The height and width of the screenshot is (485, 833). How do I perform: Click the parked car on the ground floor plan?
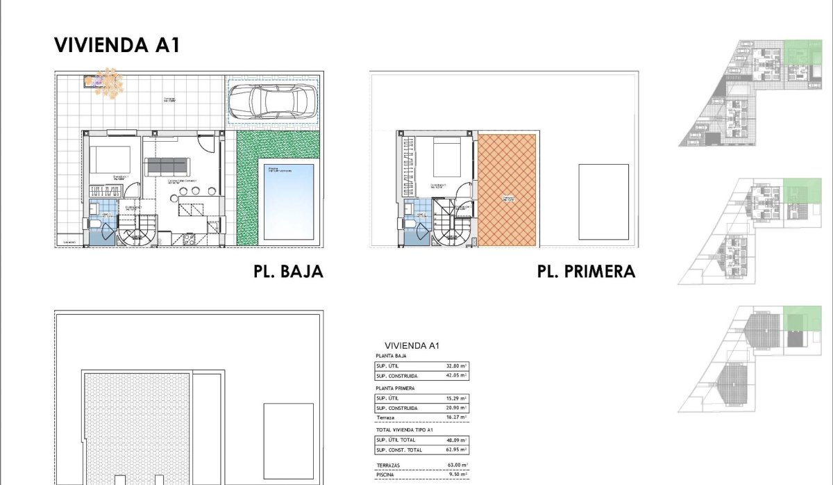click(x=272, y=102)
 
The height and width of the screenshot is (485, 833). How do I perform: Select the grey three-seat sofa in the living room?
click(x=167, y=165)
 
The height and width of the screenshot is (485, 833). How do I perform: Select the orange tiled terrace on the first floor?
click(x=507, y=190)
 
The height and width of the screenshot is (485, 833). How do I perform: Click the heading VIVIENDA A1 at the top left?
click(x=117, y=46)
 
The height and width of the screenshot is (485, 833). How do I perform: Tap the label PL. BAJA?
click(x=288, y=271)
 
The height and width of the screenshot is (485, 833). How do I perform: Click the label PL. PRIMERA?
click(x=586, y=271)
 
